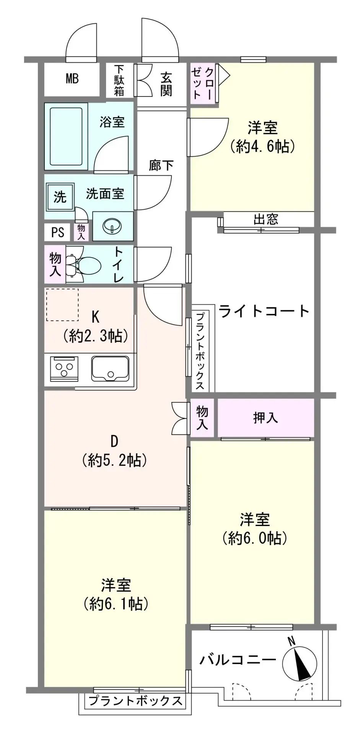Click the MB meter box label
tap(72, 79)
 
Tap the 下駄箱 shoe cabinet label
tap(119, 80)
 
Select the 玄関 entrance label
tap(166, 84)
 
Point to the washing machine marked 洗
tap(60, 197)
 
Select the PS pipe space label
tap(58, 232)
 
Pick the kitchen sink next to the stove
tap(110, 369)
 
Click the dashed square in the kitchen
tap(62, 305)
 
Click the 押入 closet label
tap(266, 418)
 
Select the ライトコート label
tap(264, 311)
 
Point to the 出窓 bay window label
tap(266, 219)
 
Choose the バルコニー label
tap(238, 660)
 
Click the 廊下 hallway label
tap(161, 165)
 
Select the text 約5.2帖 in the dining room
tap(115, 460)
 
